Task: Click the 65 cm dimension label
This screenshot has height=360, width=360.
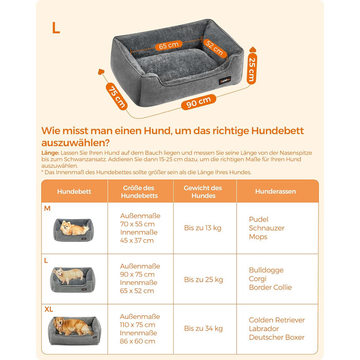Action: coord(169,45)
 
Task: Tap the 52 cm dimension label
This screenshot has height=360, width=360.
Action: coord(214,48)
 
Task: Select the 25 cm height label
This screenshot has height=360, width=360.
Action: coord(252,68)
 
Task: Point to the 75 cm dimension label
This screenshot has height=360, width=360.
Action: coord(117,96)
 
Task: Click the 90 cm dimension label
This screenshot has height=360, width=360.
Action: coord(199,102)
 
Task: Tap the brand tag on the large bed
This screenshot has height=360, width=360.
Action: coord(225,81)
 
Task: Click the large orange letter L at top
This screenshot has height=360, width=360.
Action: coord(56,28)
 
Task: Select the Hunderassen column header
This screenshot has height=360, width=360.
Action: coord(276,191)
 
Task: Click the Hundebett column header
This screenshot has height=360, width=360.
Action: coord(74,191)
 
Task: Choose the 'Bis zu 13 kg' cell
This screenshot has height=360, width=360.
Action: coord(203,228)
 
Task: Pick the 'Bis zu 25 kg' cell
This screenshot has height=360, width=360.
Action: coord(204,280)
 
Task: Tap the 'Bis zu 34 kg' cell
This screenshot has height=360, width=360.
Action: coord(204,329)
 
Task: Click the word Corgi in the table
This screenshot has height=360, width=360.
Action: coord(258,279)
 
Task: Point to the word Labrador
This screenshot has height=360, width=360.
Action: coord(264,329)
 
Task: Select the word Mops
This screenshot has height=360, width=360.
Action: coord(258,237)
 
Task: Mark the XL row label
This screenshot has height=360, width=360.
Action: coord(49,309)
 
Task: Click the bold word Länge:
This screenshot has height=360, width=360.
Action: coord(50,153)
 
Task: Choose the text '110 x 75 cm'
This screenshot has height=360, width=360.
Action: coord(137,325)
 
